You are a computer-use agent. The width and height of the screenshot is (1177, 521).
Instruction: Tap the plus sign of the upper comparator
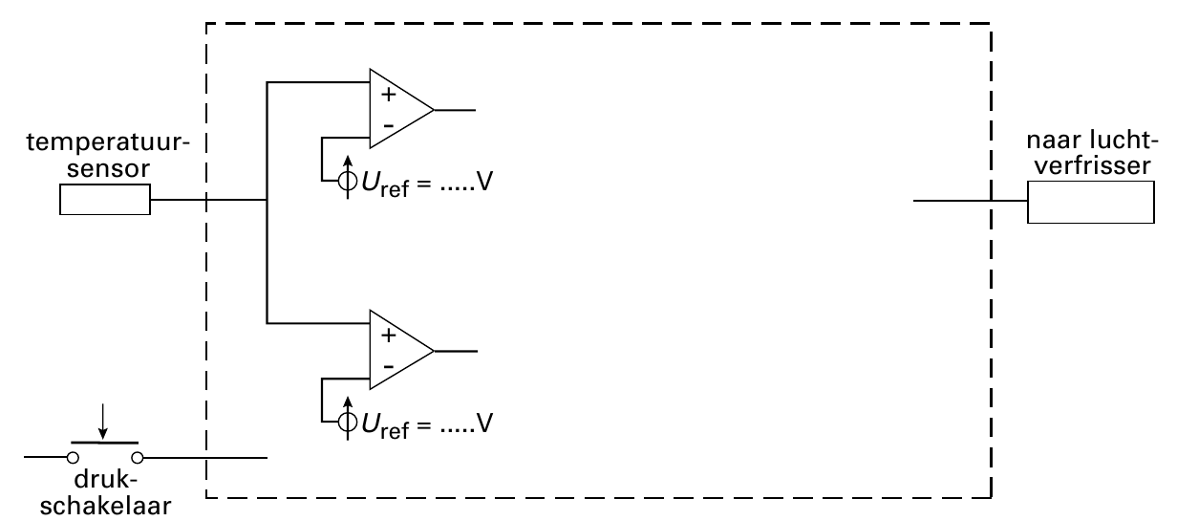388,95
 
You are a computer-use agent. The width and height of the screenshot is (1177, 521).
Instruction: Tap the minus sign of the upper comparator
388,125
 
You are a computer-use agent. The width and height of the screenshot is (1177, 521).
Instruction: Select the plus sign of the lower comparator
388,336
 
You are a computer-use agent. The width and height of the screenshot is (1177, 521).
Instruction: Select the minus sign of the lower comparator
388,366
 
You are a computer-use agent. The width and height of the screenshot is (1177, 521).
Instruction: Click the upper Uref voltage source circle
348,181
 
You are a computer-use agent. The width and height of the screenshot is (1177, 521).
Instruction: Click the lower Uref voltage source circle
348,422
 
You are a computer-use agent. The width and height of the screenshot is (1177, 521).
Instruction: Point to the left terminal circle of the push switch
73,458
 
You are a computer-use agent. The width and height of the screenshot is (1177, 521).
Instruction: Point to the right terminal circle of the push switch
138,458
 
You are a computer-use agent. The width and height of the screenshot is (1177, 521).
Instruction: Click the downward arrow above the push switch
103,422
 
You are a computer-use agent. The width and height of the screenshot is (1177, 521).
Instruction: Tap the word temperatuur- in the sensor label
108,141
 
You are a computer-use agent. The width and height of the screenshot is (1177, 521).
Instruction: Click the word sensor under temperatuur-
108,169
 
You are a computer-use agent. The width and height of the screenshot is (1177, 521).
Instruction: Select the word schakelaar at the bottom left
105,506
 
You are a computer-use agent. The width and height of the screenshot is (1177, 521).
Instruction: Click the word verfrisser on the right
1092,165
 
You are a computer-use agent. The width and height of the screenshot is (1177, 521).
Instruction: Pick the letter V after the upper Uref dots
484,182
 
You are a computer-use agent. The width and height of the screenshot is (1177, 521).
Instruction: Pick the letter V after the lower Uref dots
484,423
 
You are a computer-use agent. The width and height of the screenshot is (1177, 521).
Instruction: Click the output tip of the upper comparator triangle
434,110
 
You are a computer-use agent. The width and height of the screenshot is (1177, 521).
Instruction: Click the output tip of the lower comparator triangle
434,351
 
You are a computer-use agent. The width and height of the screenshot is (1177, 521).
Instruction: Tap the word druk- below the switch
106,480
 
